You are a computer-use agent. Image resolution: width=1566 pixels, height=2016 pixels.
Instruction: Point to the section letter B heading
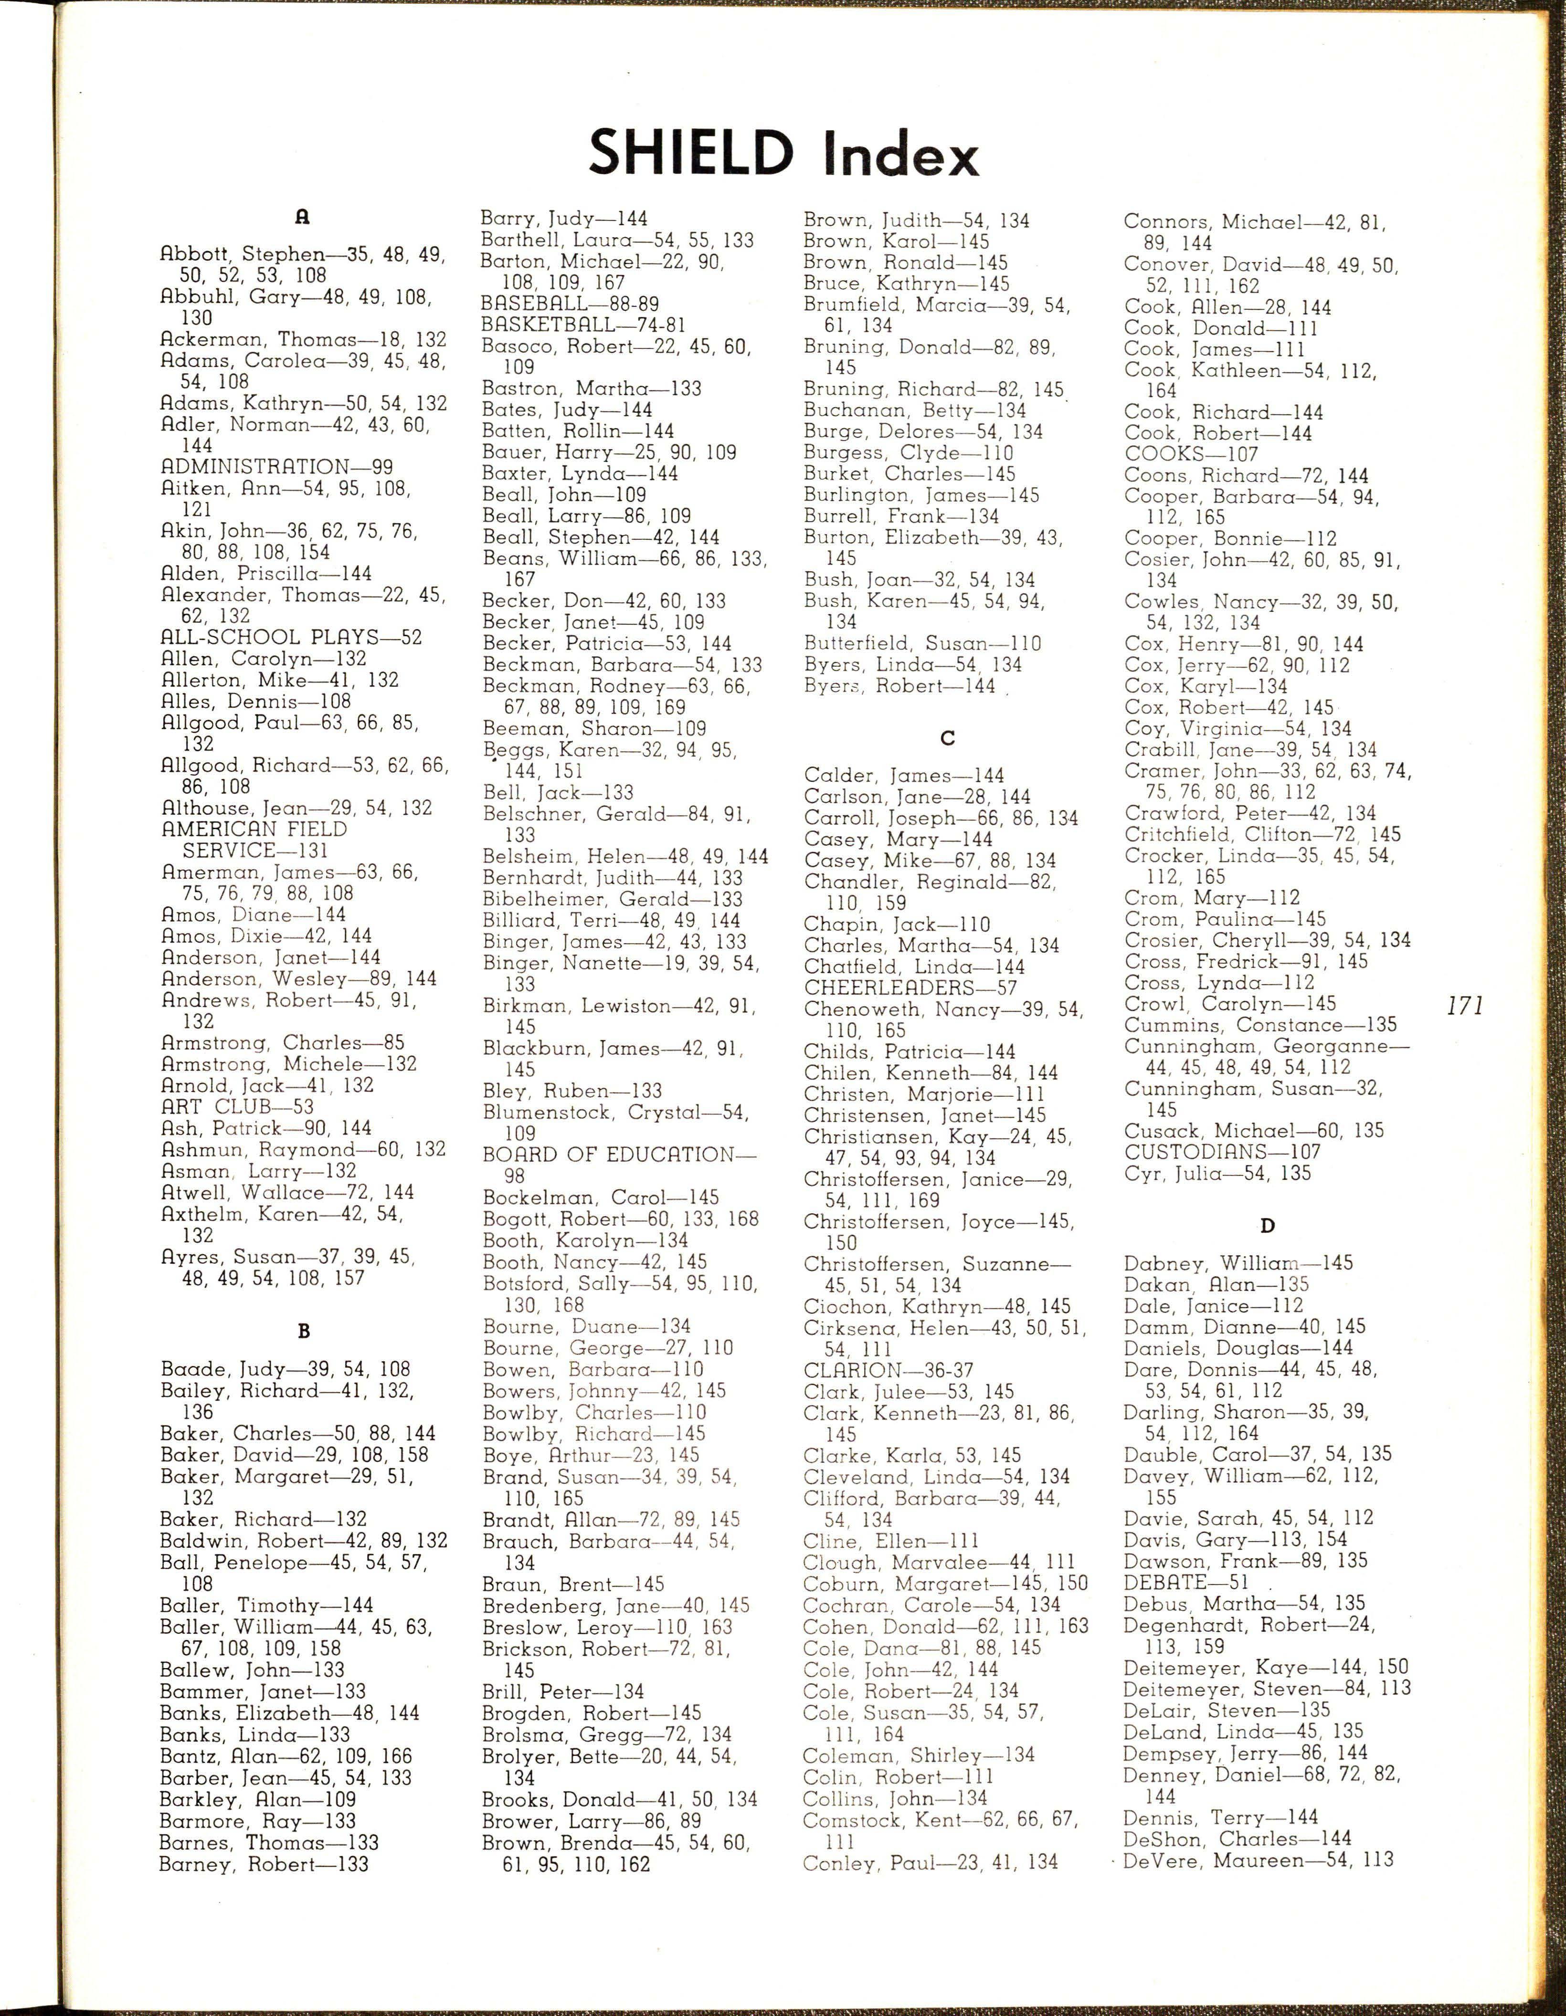(x=304, y=1331)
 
